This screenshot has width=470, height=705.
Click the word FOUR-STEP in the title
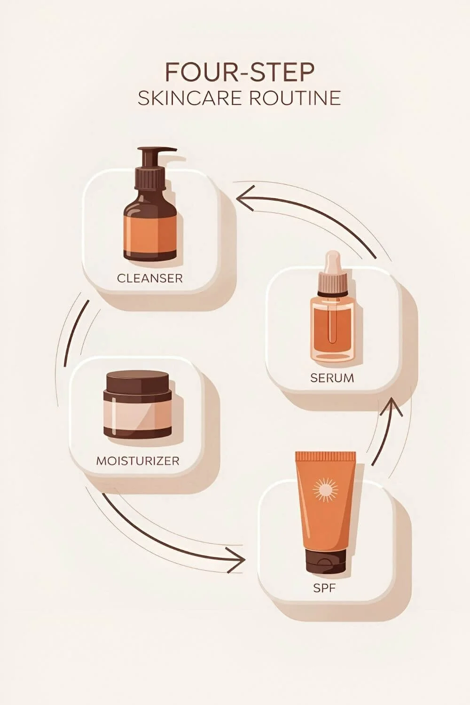[239, 73]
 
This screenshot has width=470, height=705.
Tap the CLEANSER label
[149, 278]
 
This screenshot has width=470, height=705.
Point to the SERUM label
[332, 377]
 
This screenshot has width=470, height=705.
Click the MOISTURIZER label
[138, 460]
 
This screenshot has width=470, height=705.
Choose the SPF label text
[324, 588]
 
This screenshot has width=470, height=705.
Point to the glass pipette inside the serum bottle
[332, 324]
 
